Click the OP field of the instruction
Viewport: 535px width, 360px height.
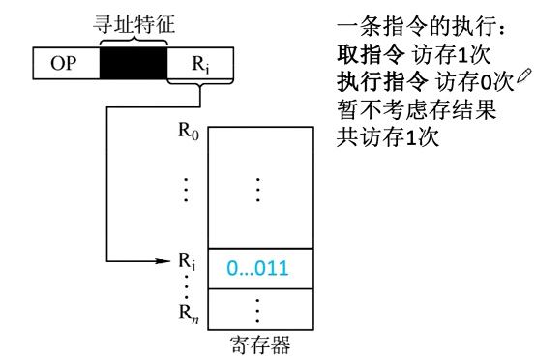66,65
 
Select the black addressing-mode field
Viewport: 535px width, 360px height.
134,65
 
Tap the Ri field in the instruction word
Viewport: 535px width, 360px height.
199,65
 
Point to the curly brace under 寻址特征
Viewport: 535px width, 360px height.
134,40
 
